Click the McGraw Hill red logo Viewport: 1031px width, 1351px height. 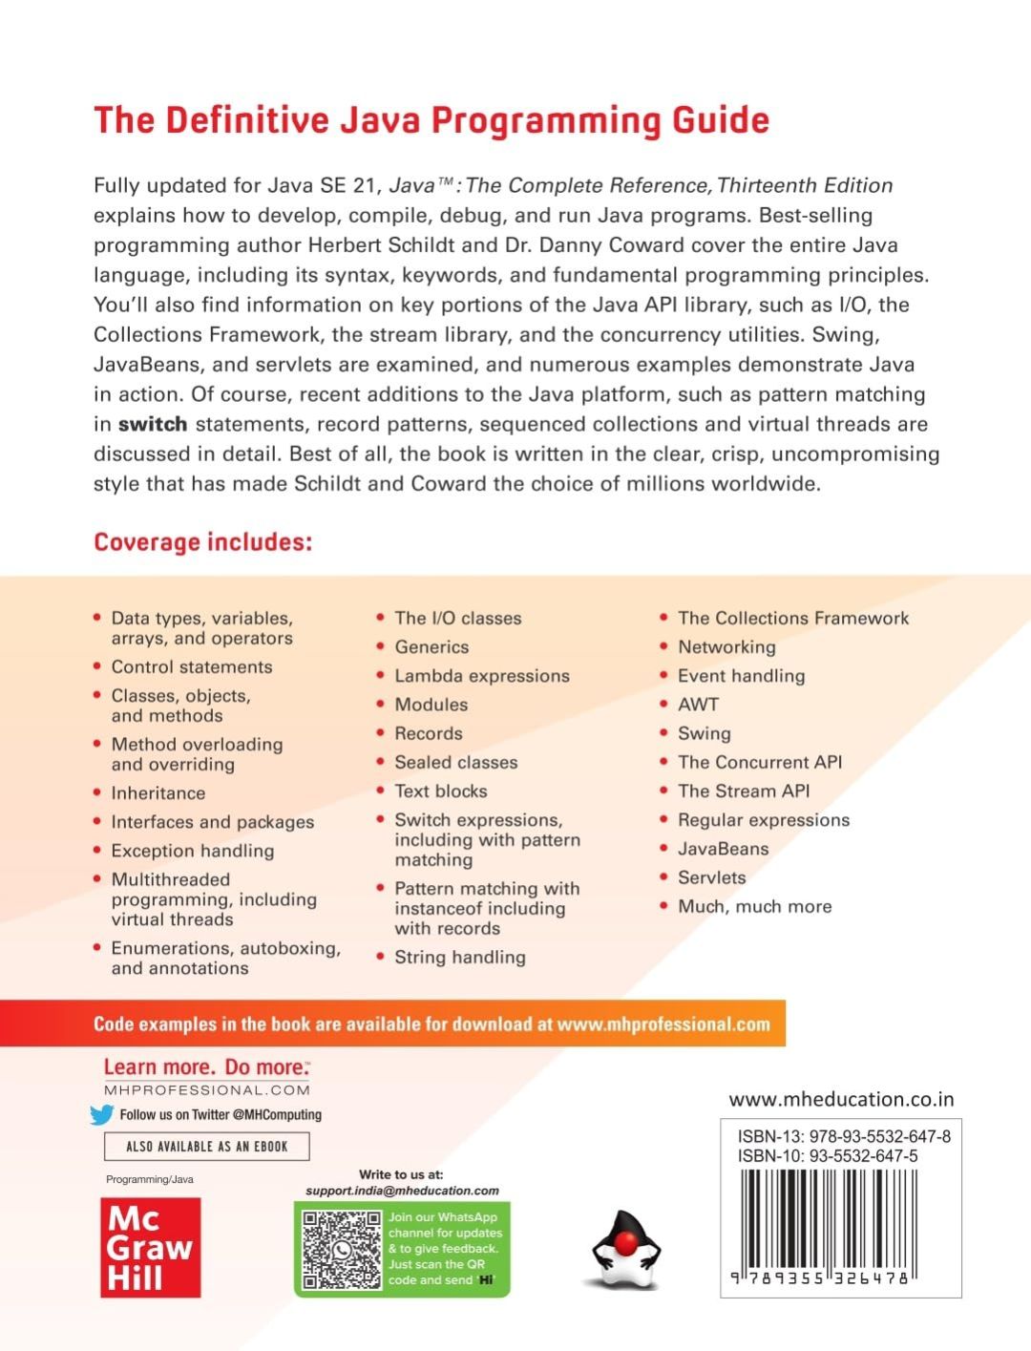151,1247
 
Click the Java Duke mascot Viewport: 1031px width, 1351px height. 625,1250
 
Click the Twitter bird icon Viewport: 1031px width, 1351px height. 102,1114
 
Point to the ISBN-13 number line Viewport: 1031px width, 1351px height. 844,1136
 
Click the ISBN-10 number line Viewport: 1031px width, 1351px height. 828,1155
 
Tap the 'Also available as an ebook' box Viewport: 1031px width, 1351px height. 206,1146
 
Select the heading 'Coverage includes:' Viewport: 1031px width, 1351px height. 203,542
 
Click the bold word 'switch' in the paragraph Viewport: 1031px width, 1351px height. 153,424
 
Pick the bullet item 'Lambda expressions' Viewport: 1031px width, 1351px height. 482,676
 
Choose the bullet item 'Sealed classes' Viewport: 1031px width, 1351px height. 456,762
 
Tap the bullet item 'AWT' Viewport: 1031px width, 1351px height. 698,705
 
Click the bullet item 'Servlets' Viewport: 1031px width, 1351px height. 712,877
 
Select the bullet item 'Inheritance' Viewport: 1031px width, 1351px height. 158,792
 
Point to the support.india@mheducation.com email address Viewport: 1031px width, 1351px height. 402,1191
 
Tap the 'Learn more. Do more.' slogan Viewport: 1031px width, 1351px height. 206,1067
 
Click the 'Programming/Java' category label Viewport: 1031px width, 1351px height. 150,1179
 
